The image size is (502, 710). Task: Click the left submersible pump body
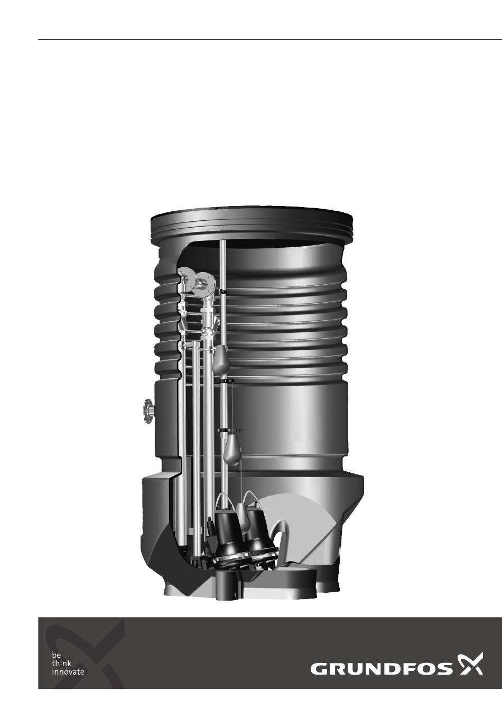[x=228, y=536]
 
